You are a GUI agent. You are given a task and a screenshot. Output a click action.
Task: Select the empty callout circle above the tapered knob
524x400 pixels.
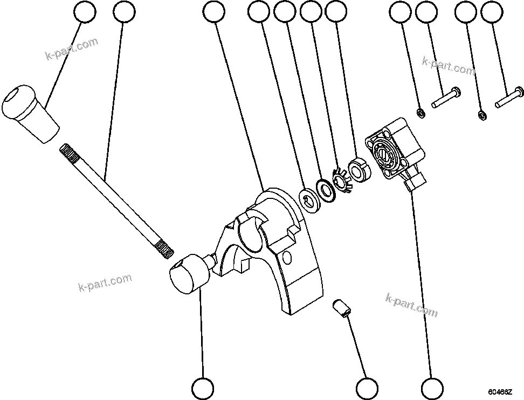click(x=85, y=12)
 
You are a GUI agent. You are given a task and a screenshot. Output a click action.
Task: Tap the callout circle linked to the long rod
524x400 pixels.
click(x=124, y=12)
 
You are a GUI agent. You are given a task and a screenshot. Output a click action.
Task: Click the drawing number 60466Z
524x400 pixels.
click(x=501, y=392)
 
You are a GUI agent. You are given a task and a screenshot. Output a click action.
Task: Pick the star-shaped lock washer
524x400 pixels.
click(x=342, y=181)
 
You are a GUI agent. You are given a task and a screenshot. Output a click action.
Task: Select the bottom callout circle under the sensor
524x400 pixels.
click(x=432, y=388)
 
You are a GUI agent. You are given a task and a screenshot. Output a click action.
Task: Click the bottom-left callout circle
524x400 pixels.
click(x=203, y=388)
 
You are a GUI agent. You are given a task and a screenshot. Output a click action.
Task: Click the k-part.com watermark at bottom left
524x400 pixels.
click(x=105, y=282)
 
